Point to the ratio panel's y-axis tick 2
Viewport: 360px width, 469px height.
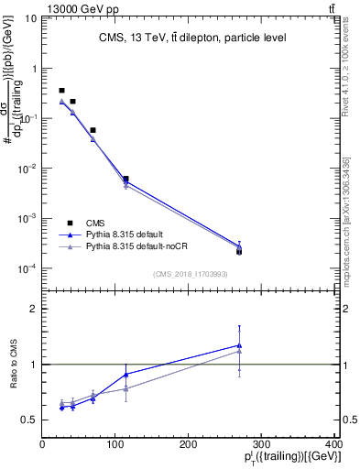coord(32,309)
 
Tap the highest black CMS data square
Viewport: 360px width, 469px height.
coord(61,91)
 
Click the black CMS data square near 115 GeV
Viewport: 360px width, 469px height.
coord(125,179)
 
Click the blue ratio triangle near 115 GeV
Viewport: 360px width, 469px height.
coord(125,374)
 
